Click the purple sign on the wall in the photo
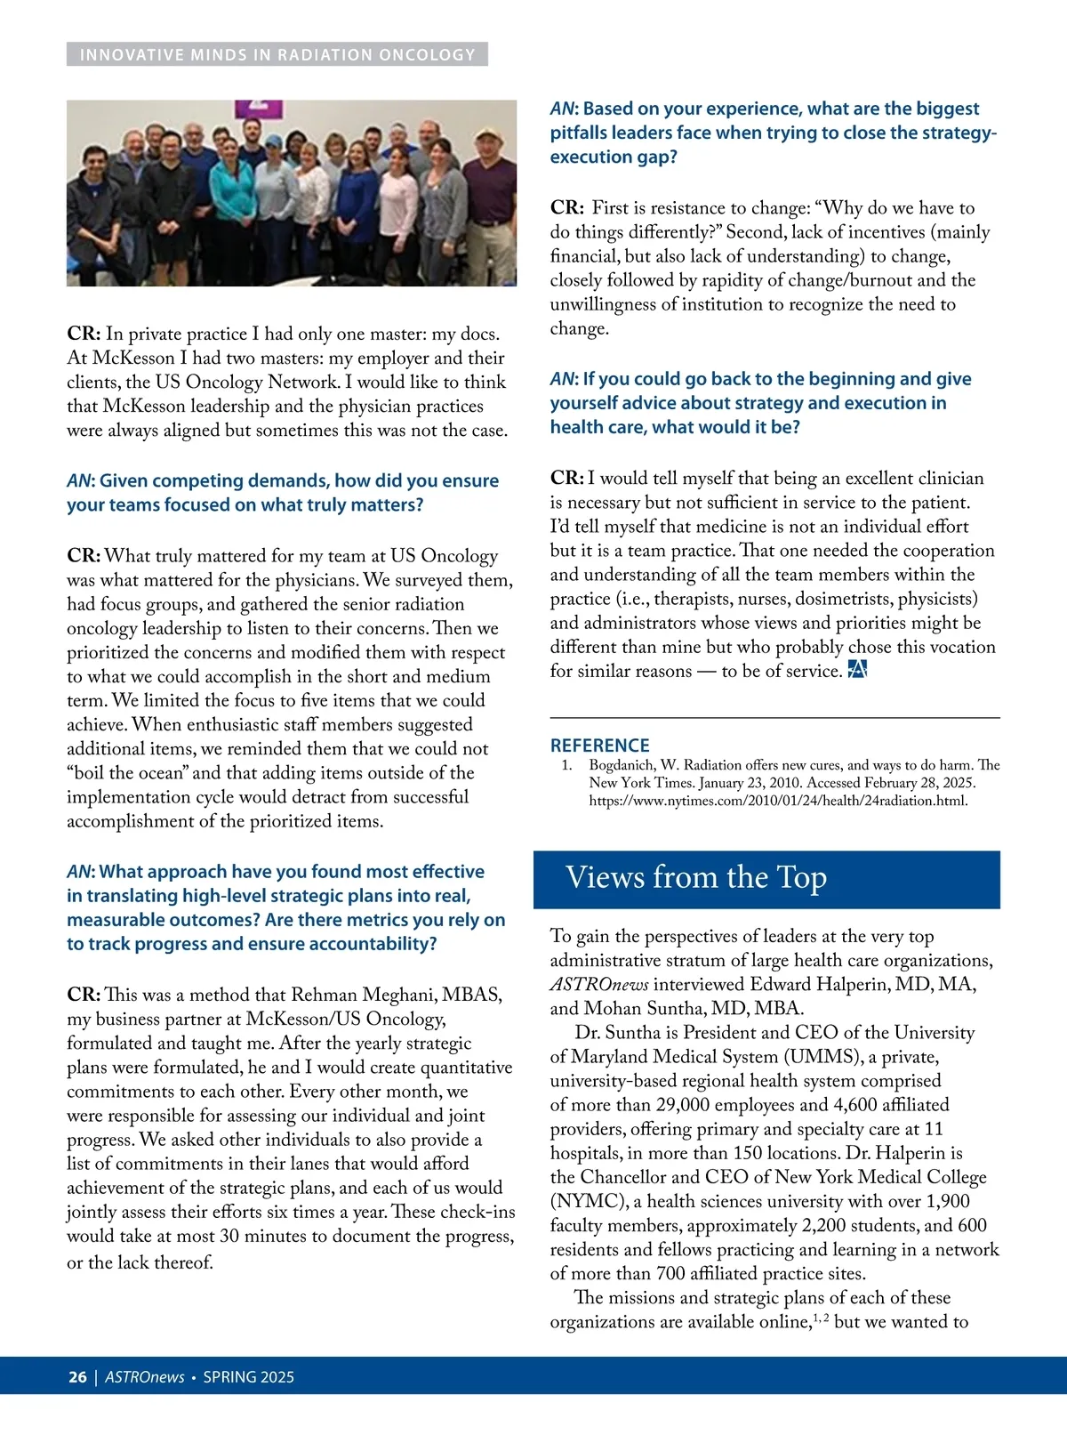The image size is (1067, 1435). pyautogui.click(x=258, y=109)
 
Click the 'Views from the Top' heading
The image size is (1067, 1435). pyautogui.click(x=696, y=878)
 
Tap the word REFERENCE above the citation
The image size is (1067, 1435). pyautogui.click(x=599, y=746)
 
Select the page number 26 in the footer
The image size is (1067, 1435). pyautogui.click(x=77, y=1377)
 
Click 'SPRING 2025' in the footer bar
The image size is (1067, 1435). pyautogui.click(x=249, y=1377)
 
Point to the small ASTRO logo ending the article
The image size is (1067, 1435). pyautogui.click(x=857, y=670)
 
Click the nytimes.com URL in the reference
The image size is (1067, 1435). pyautogui.click(x=778, y=801)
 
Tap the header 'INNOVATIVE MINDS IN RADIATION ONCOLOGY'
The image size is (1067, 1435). pyautogui.click(x=277, y=55)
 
